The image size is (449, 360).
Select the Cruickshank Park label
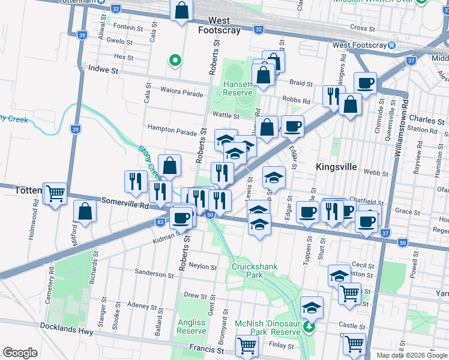[x=247, y=271]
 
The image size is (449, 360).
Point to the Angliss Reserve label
[x=191, y=326]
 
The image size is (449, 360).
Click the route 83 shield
[x=160, y=222]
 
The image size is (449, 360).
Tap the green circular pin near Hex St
[x=175, y=60]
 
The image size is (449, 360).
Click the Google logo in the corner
[x=20, y=353]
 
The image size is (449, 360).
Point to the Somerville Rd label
[x=125, y=204]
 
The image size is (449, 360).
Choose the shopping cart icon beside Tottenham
[x=55, y=193]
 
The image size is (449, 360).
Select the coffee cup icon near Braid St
[x=364, y=83]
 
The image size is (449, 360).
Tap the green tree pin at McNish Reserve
[x=309, y=327]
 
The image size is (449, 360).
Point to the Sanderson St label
[x=154, y=274]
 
